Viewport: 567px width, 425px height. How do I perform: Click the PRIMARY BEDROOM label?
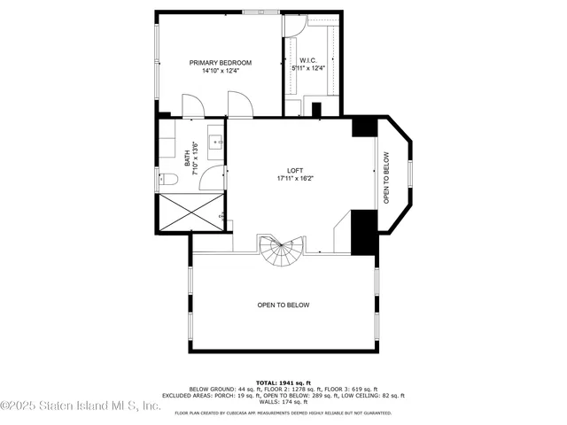tap(221, 63)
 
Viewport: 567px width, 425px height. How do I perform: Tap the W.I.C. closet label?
tap(308, 60)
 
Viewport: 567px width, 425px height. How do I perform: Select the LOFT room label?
tap(295, 170)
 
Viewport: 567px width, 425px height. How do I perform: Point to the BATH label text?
tap(187, 158)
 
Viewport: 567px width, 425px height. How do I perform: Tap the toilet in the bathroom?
tap(169, 180)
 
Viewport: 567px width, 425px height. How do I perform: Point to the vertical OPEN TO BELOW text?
tap(386, 178)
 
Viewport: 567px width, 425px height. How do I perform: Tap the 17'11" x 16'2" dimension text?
tap(295, 178)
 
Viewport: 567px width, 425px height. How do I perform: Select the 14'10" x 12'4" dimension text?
tap(221, 71)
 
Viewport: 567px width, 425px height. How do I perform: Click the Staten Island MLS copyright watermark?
tap(80, 406)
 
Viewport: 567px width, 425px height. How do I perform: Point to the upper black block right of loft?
tap(363, 127)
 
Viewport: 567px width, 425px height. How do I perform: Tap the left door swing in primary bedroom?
tap(192, 105)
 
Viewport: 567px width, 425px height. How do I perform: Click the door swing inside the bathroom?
tap(211, 180)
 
